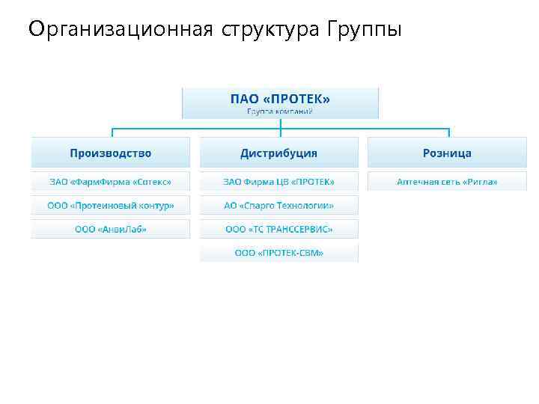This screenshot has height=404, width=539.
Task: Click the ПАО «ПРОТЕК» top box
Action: [280, 102]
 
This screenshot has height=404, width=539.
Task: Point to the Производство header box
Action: [110, 153]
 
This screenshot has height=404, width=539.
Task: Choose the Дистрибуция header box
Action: [278, 153]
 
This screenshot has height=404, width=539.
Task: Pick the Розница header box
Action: [447, 153]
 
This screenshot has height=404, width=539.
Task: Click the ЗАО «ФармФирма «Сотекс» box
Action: [110, 182]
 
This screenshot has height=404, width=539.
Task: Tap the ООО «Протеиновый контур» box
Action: [110, 205]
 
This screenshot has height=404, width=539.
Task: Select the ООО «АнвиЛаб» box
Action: [110, 229]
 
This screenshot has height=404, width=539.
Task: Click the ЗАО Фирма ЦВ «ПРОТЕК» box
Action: [278, 182]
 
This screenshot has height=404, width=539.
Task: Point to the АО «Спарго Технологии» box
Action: [278, 205]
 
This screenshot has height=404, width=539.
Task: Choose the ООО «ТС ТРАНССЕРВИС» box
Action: [278, 229]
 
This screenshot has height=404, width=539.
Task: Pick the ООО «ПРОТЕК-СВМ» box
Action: [278, 253]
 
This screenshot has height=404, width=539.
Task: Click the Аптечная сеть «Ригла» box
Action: [447, 182]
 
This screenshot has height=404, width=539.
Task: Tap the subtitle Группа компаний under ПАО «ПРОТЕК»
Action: [280, 111]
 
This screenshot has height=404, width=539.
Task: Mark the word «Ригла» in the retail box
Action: [480, 182]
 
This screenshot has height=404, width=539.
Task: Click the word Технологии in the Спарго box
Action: [308, 205]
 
